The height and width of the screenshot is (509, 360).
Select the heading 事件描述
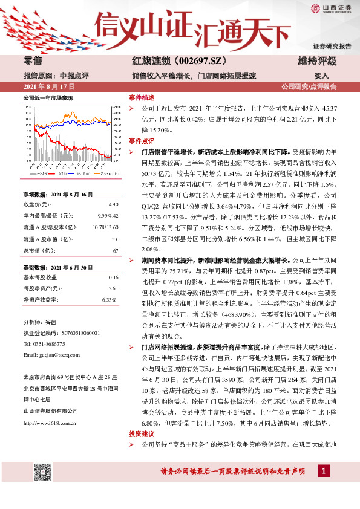click(142, 97)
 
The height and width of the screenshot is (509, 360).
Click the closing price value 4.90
click(113, 205)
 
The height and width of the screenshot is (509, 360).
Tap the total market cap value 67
click(114, 250)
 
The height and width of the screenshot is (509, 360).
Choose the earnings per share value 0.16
click(113, 277)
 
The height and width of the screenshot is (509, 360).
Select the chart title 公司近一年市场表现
click(47, 97)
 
